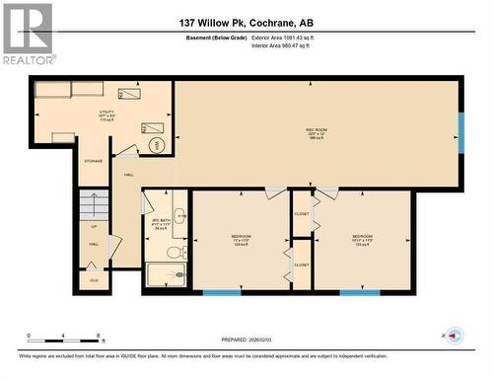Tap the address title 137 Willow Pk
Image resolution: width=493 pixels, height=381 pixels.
pyautogui.click(x=246, y=22)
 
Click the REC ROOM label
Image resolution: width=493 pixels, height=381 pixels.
pyautogui.click(x=316, y=129)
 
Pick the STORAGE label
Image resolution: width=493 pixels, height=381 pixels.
pyautogui.click(x=94, y=160)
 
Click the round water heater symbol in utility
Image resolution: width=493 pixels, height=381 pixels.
pyautogui.click(x=155, y=145)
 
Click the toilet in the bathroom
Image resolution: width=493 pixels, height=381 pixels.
pyautogui.click(x=174, y=253)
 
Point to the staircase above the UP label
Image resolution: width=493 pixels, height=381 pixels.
pyautogui.click(x=94, y=207)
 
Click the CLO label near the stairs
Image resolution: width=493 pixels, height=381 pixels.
pyautogui.click(x=94, y=280)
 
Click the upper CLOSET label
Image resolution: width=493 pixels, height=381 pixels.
pyautogui.click(x=301, y=214)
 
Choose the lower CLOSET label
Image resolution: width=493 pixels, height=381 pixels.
pyautogui.click(x=301, y=265)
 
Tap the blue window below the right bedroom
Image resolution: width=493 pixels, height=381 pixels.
pyautogui.click(x=359, y=292)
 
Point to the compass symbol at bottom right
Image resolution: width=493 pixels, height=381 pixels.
pyautogui.click(x=453, y=338)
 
